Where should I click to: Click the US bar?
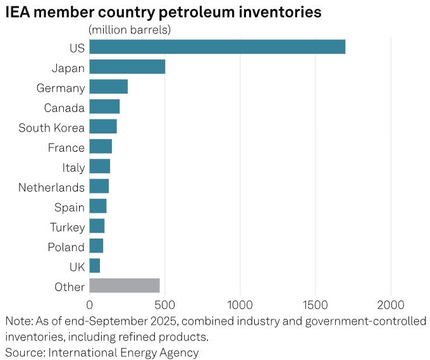click(217, 47)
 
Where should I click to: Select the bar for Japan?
click(127, 67)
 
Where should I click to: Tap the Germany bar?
click(108, 87)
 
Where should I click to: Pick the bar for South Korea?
click(103, 127)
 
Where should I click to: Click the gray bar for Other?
click(125, 285)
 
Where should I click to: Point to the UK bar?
click(95, 266)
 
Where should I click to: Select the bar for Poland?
click(96, 245)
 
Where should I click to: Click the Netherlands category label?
click(51, 187)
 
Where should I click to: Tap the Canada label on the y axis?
click(64, 108)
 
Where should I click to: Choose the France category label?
click(66, 147)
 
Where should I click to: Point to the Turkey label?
click(67, 227)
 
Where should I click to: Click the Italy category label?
click(73, 168)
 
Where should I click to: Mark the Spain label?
click(69, 207)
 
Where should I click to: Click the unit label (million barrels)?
click(130, 30)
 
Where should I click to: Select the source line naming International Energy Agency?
click(102, 352)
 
